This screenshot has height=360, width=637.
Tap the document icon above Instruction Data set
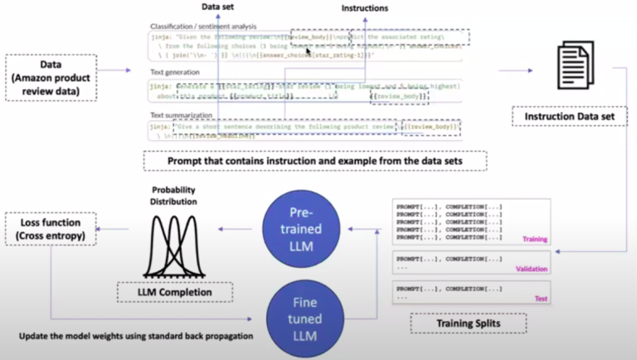tap(576, 70)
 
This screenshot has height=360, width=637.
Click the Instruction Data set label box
tap(567, 118)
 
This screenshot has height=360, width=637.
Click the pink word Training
tap(536, 239)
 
